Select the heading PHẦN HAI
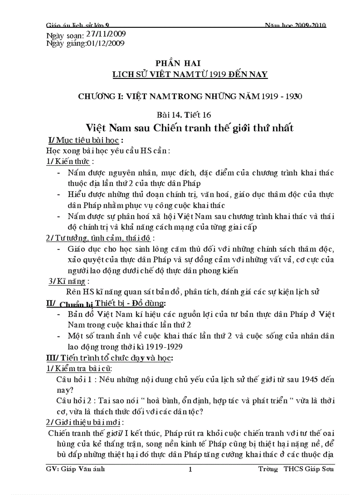click(x=190, y=63)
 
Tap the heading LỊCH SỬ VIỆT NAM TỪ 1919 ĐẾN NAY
click(x=190, y=74)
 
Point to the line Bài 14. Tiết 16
click(x=190, y=115)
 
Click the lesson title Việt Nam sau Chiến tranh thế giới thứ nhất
click(x=190, y=129)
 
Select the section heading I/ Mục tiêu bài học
click(x=85, y=141)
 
